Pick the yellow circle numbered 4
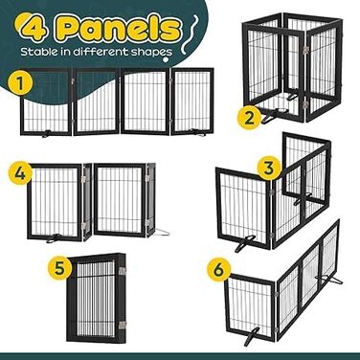coord(20,173)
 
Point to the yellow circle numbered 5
coord(59,267)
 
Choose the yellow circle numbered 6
coord(219,270)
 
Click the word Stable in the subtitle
coord(38,52)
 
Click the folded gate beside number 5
coord(97,297)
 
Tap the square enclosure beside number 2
coord(292,67)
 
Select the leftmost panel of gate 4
coord(55,202)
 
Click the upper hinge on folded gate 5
coord(123,271)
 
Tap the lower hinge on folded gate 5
coord(123,326)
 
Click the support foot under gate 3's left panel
coord(244,243)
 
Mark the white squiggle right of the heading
coord(190,34)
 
